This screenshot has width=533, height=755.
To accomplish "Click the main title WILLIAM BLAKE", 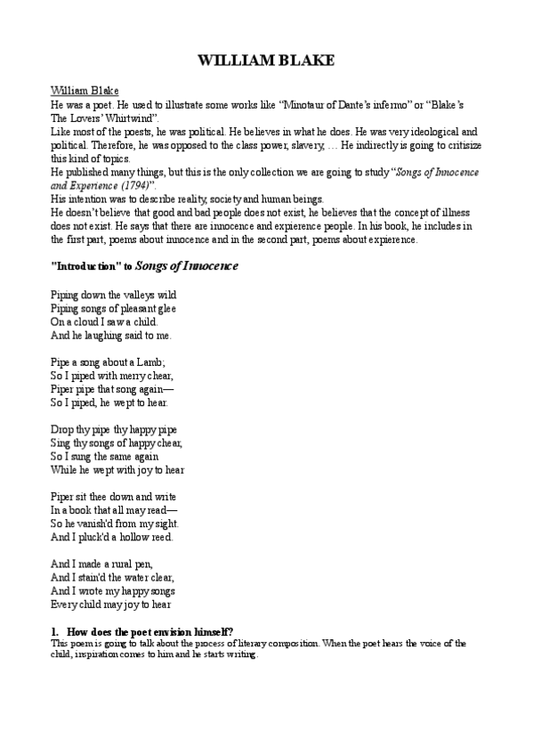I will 265,61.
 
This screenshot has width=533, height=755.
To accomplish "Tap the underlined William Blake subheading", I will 85,91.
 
